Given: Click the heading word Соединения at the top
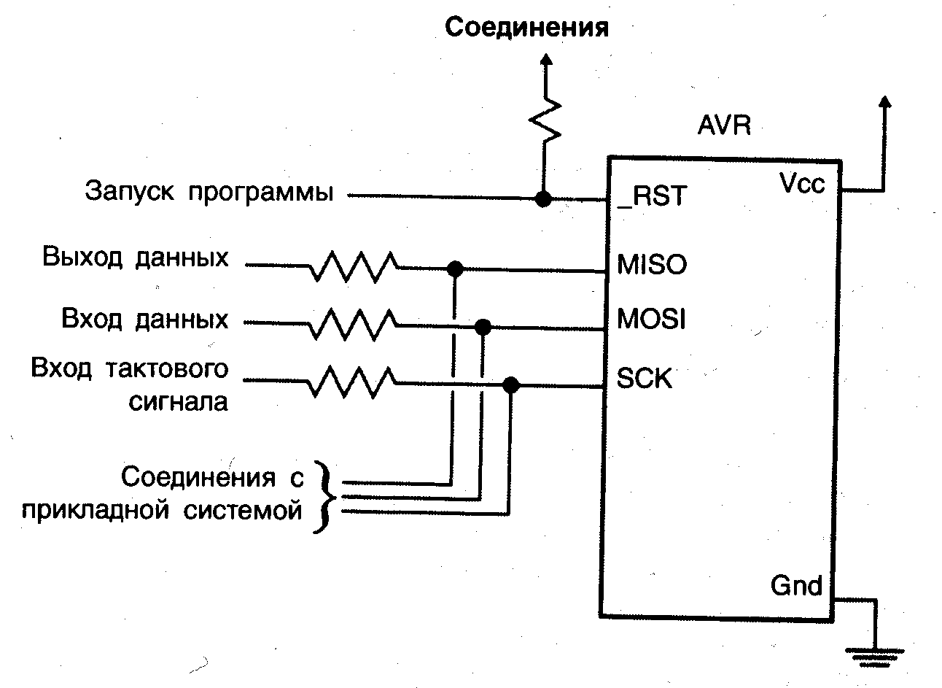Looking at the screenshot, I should [526, 28].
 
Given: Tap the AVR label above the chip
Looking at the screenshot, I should [724, 126].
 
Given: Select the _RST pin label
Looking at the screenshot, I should [651, 197].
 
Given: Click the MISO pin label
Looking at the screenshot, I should [651, 264].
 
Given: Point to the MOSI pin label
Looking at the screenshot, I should [651, 320].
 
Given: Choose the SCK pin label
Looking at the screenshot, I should [645, 378].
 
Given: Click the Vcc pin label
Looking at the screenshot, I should [802, 183].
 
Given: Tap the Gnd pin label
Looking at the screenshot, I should [796, 585].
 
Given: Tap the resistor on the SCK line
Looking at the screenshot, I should [354, 381].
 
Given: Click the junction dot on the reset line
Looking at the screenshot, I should [542, 198].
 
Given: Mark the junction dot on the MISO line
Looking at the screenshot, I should [454, 268].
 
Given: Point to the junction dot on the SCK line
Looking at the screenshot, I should [511, 384].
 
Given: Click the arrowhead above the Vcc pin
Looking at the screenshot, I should [884, 102].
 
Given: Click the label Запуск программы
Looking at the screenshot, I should [210, 192].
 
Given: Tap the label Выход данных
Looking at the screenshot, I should [136, 258].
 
